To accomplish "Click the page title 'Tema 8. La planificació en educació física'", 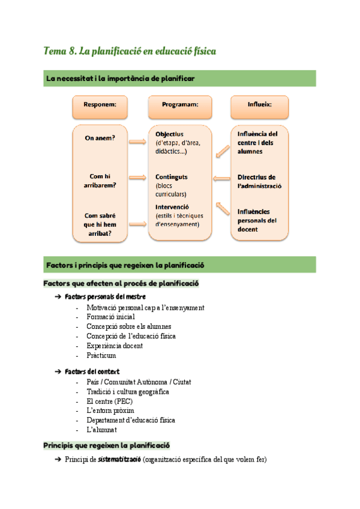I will pyautogui.click(x=130, y=52).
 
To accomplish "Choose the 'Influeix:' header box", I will pyautogui.click(x=259, y=104).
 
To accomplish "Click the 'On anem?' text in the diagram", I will pyautogui.click(x=100, y=138).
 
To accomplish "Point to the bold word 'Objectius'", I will pyautogui.click(x=169, y=134).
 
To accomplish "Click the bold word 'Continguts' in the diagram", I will pyautogui.click(x=171, y=177).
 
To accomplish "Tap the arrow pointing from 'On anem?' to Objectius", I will pyautogui.click(x=137, y=142).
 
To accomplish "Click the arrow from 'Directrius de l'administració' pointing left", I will pyautogui.click(x=222, y=178).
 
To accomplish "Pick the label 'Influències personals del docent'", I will pyautogui.click(x=257, y=220).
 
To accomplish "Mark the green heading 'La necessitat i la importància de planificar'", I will pyautogui.click(x=119, y=79).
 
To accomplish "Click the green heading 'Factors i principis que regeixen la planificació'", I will pyautogui.click(x=125, y=265).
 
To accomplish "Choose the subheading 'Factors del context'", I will pyautogui.click(x=92, y=372).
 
